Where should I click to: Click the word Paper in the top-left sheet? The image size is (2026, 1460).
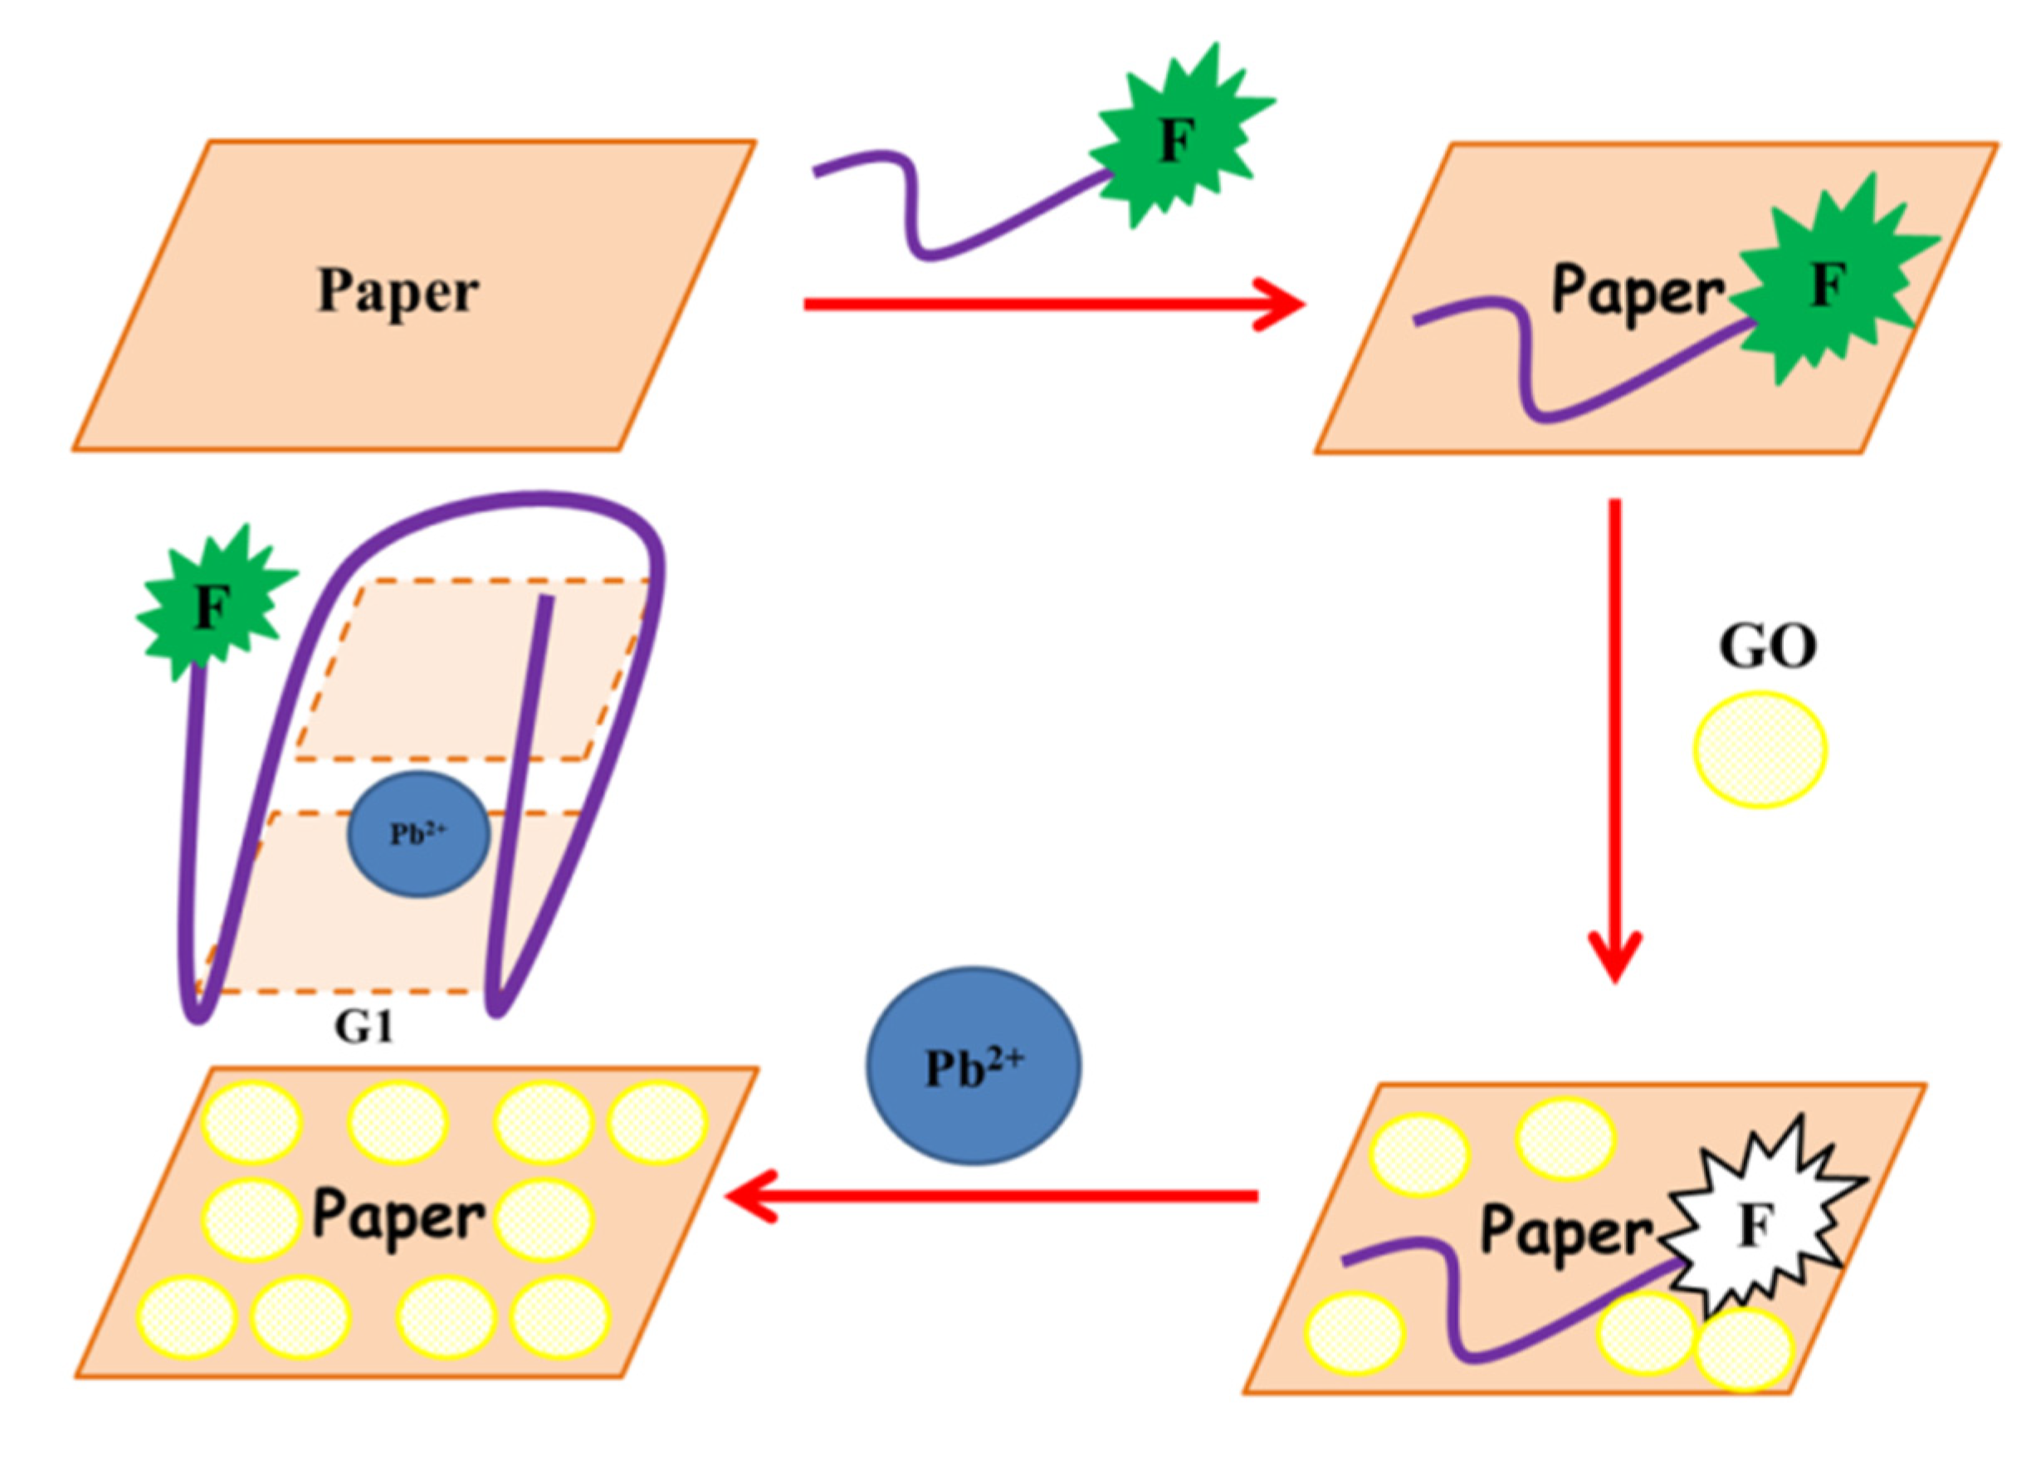(x=398, y=292)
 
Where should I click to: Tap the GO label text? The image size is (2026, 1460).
(x=1766, y=647)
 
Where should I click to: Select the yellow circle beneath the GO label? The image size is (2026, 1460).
(x=1760, y=749)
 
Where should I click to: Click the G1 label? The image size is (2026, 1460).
(x=364, y=1028)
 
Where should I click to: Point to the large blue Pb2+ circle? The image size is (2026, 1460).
(x=973, y=1066)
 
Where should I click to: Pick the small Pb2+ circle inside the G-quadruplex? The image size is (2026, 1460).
(x=418, y=833)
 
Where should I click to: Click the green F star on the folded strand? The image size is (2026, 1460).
(x=211, y=608)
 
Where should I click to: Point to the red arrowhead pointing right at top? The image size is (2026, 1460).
(x=1282, y=305)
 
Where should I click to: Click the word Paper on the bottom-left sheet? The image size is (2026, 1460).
(x=398, y=1217)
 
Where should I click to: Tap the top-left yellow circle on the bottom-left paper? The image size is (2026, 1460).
(x=254, y=1121)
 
